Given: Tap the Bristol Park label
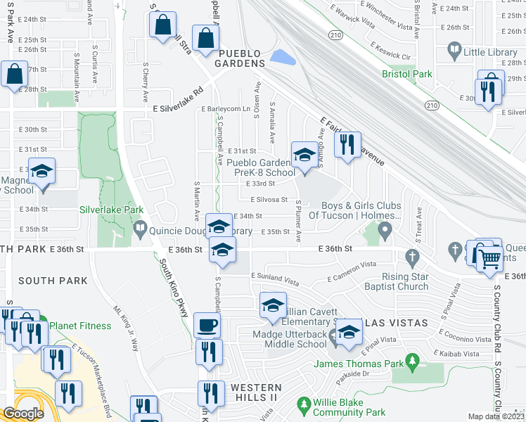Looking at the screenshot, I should [x=407, y=74].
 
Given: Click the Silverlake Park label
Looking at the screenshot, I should [x=112, y=210].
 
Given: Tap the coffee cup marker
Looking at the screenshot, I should [x=207, y=325].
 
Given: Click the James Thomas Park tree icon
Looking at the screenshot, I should [x=413, y=363].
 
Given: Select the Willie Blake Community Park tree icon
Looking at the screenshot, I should [x=304, y=405].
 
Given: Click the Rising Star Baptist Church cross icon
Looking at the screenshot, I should [x=411, y=257].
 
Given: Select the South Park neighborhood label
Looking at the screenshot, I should [x=53, y=281].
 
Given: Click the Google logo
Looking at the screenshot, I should [x=23, y=414].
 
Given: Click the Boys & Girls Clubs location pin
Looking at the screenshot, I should [x=385, y=229].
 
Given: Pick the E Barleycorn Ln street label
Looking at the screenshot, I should [x=225, y=109].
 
